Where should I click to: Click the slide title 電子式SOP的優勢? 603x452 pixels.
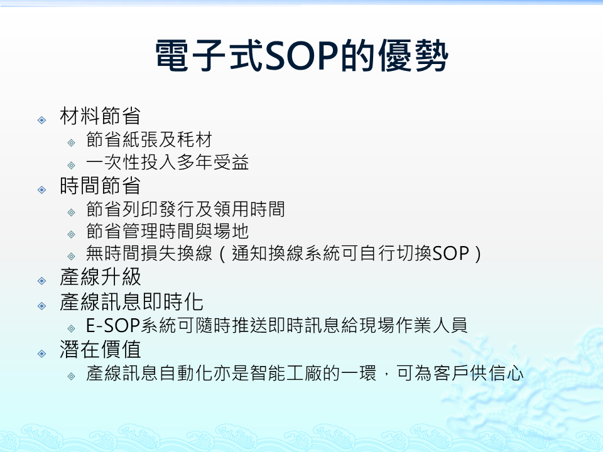point(302,56)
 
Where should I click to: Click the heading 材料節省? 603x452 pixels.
point(100,116)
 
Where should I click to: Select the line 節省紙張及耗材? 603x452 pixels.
point(149,139)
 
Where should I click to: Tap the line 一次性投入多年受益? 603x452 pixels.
point(168,162)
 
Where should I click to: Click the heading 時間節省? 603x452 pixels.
point(100,186)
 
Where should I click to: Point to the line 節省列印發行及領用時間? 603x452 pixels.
point(185,209)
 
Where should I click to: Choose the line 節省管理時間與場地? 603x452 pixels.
point(167,232)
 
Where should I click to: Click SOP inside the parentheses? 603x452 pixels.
point(451,254)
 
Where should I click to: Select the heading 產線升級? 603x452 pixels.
point(100,277)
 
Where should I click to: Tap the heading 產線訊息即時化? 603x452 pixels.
point(131,302)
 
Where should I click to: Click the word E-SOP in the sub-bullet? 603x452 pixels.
point(112,326)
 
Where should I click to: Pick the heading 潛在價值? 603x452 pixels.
point(100,350)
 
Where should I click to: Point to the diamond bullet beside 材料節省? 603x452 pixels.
point(42,121)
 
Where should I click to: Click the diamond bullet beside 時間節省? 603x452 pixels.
point(42,190)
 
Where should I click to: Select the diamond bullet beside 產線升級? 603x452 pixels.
point(42,281)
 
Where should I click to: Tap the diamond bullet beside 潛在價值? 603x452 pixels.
point(42,353)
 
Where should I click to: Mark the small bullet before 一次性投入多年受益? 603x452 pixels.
point(71,166)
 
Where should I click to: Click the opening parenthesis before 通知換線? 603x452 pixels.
point(222,254)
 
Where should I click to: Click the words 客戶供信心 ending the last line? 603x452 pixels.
point(479,373)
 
